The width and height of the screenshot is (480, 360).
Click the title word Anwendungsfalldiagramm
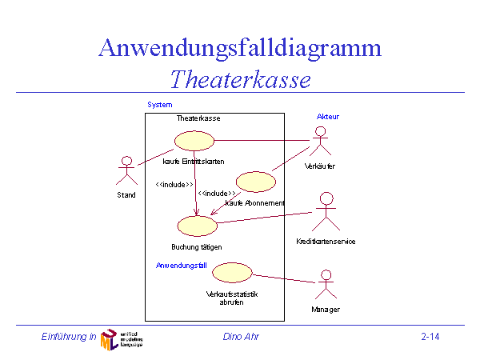(x=239, y=47)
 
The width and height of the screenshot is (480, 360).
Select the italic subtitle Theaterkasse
(x=240, y=79)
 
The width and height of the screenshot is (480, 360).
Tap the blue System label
(x=159, y=105)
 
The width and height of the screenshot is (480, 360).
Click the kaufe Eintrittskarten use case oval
(x=194, y=141)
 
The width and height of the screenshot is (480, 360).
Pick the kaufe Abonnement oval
(x=255, y=182)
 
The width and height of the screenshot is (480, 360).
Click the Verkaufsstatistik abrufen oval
(x=233, y=272)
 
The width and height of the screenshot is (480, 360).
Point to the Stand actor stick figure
(x=126, y=170)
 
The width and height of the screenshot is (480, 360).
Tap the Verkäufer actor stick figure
(x=320, y=145)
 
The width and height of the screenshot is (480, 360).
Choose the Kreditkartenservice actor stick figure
(x=325, y=213)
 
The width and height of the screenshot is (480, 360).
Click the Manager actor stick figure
(x=325, y=286)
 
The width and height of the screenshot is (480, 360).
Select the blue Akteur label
(x=328, y=117)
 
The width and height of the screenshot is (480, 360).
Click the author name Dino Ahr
(x=241, y=337)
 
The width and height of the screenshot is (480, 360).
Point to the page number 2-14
(x=430, y=337)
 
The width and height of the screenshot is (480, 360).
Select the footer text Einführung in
(x=69, y=337)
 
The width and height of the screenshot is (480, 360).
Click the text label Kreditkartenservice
(x=325, y=242)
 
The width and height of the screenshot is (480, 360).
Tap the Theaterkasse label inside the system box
(x=198, y=118)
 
